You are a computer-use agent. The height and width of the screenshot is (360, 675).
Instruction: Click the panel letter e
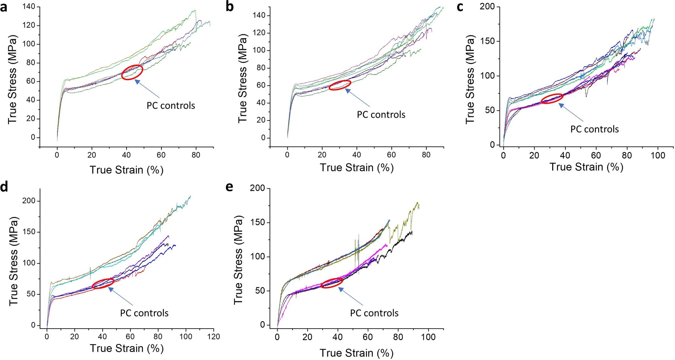[229, 187]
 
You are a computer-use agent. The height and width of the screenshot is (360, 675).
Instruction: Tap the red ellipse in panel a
[132, 72]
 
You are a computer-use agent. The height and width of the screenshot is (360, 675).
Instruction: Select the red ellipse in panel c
[552, 99]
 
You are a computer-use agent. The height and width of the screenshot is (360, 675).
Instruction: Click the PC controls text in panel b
[381, 115]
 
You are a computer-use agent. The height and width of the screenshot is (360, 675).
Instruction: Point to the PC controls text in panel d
[144, 313]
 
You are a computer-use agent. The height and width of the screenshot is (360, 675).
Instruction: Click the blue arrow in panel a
[147, 88]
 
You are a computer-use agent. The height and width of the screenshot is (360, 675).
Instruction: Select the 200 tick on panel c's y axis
[489, 7]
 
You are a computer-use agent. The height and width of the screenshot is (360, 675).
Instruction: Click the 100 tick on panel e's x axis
[428, 337]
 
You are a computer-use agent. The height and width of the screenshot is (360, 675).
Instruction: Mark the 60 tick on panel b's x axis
[391, 155]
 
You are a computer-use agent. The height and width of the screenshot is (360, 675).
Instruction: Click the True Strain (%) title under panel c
[586, 167]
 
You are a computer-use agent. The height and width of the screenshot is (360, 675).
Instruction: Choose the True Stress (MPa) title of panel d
[13, 261]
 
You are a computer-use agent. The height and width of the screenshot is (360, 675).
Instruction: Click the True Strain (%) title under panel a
[126, 170]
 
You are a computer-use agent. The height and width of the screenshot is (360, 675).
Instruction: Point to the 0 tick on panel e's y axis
[262, 325]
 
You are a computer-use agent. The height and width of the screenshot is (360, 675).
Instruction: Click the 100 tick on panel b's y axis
[259, 51]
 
